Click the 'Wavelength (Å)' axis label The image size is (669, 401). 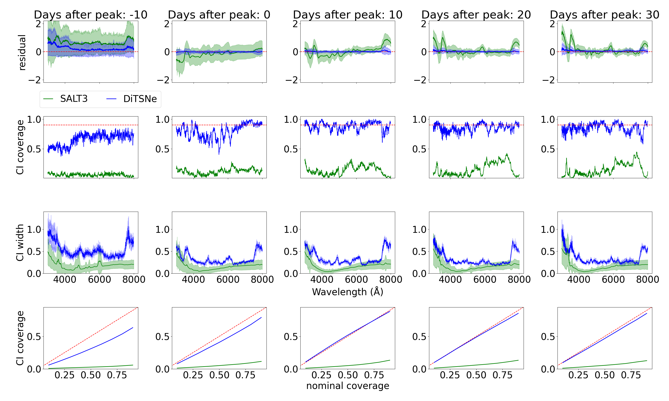347,292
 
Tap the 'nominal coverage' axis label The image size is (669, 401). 347,386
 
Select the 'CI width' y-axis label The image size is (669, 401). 20,243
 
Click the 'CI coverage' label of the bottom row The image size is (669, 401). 20,338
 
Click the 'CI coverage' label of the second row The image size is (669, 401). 20,147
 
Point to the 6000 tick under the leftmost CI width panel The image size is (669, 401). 99,279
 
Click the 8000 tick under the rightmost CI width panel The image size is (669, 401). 647,279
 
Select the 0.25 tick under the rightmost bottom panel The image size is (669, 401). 578,375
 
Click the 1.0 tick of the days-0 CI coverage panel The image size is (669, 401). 162,119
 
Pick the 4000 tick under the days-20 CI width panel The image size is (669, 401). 450,279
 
